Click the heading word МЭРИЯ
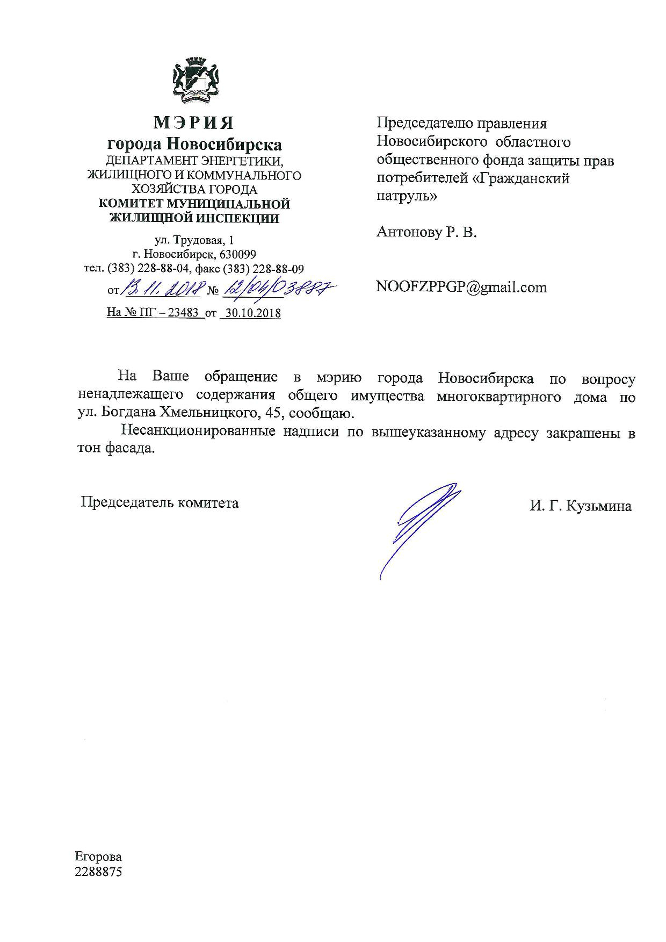[x=194, y=123]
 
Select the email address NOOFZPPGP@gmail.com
[x=461, y=287]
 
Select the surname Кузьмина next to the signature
[x=602, y=506]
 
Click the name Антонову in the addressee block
[x=411, y=232]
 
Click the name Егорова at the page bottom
[x=98, y=857]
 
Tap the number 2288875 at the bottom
[x=98, y=871]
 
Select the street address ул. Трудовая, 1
[x=194, y=240]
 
